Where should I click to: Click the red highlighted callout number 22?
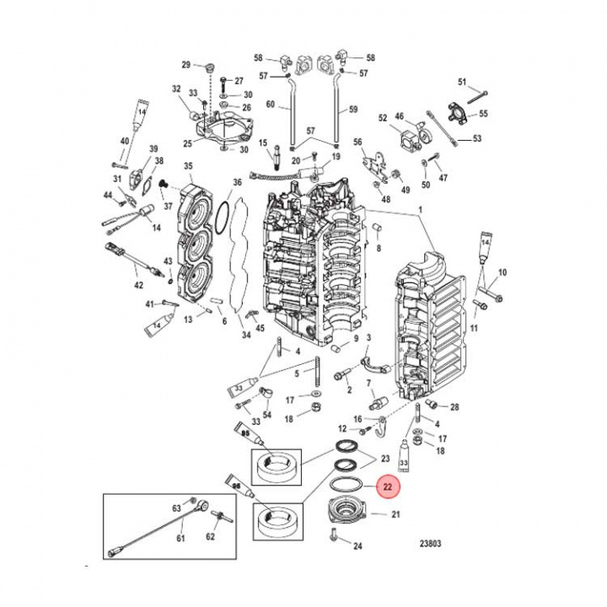pyautogui.click(x=389, y=486)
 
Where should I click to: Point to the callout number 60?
pyautogui.click(x=271, y=105)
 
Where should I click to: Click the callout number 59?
pyautogui.click(x=353, y=109)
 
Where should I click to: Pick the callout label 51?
pyautogui.click(x=462, y=81)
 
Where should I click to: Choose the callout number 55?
pyautogui.click(x=484, y=113)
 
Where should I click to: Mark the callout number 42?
pyautogui.click(x=140, y=286)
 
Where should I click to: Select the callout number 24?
pyautogui.click(x=357, y=546)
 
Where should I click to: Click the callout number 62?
pyautogui.click(x=211, y=536)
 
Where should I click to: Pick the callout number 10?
pyautogui.click(x=503, y=272)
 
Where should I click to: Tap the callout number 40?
pyautogui.click(x=125, y=141)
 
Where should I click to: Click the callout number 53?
pyautogui.click(x=476, y=139)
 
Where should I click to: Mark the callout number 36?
pyautogui.click(x=237, y=183)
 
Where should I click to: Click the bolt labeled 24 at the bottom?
pyautogui.click(x=336, y=534)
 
